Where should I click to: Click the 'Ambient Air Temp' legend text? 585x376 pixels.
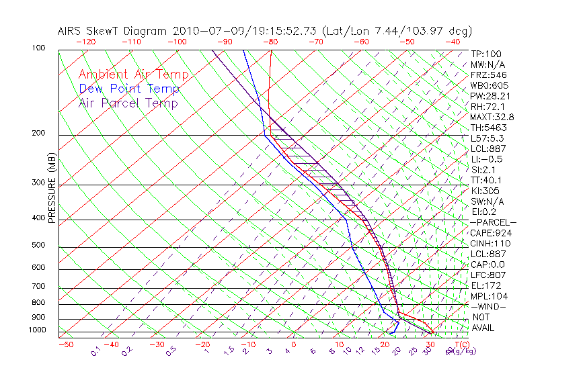133,75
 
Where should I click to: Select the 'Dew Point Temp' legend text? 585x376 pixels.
129,89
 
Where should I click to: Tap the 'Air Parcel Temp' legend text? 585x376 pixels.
128,103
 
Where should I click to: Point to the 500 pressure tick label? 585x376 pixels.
39,246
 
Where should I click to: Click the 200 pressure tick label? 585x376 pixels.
39,134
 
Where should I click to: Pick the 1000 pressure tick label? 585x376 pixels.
37,330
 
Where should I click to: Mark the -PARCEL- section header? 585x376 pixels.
493,222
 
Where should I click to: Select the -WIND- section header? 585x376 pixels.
488,306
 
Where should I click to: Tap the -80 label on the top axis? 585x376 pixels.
270,41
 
